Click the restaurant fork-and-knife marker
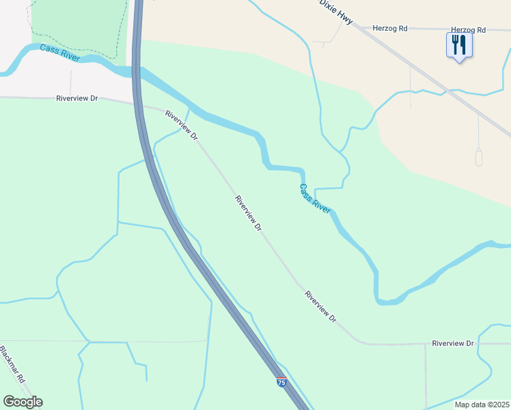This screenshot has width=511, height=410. (459, 46)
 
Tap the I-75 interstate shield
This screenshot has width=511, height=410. (281, 382)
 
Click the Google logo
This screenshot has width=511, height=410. (23, 402)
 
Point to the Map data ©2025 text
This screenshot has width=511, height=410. (482, 405)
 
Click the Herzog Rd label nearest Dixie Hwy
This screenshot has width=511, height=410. (390, 29)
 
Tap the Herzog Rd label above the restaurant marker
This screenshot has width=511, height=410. (468, 30)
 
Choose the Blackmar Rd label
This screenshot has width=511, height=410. (13, 366)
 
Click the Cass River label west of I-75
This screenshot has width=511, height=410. (59, 52)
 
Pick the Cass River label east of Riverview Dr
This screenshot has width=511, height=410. (315, 199)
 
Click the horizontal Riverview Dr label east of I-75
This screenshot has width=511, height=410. (452, 342)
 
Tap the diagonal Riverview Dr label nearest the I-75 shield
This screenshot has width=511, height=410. (321, 307)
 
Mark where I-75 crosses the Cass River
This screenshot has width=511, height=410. (137, 71)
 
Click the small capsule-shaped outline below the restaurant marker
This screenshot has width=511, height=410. (478, 157)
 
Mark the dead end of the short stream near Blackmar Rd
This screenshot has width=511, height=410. (146, 380)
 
